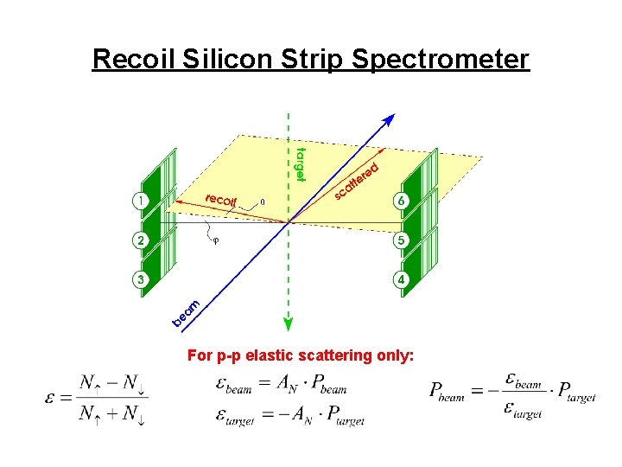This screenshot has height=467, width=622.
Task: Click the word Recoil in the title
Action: (132, 59)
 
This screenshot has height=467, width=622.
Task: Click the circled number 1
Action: (139, 201)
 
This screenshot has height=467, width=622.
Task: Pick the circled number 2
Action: (139, 240)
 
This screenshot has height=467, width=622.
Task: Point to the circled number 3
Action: (139, 278)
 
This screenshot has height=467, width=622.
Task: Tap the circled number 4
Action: (401, 279)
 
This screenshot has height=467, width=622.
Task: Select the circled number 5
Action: (401, 240)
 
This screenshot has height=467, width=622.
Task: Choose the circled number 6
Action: (401, 201)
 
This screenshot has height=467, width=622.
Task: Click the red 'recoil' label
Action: (221, 200)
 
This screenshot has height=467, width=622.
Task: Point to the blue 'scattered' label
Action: (357, 181)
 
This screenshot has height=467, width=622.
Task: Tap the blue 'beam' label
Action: (187, 314)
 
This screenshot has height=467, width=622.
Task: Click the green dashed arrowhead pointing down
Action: (288, 324)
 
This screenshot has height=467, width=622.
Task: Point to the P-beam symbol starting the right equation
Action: (447, 392)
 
